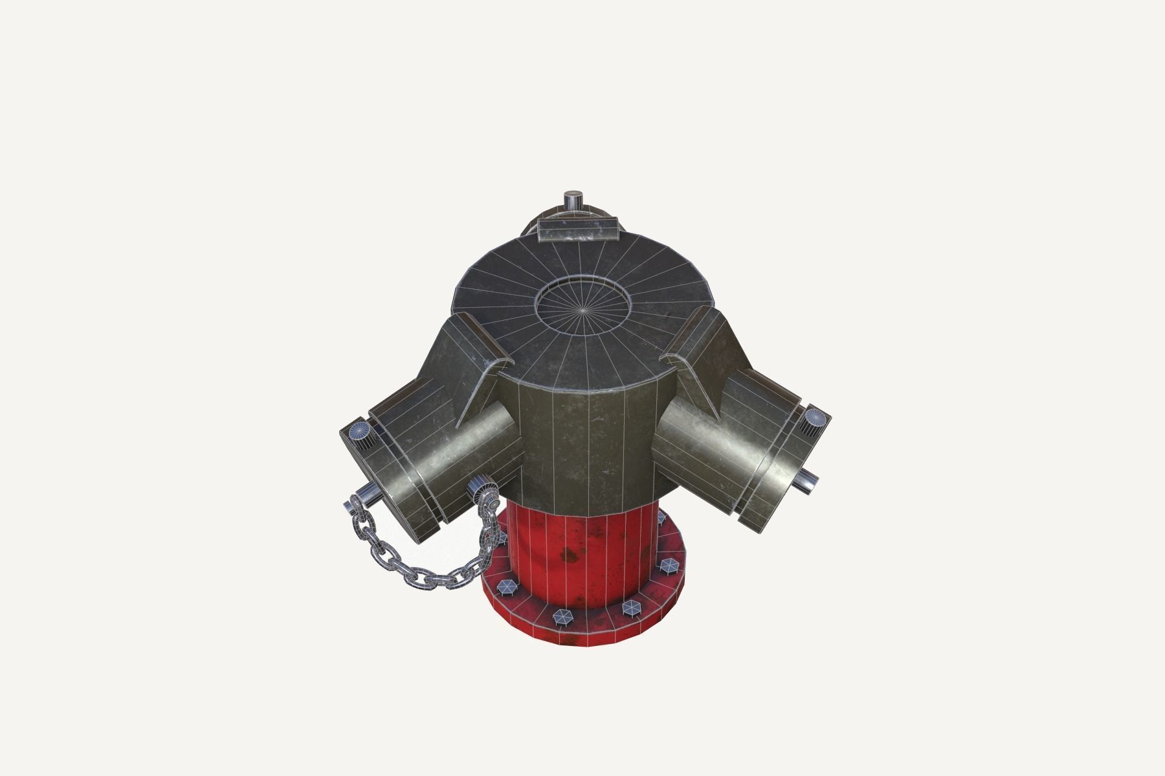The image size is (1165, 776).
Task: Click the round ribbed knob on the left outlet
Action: click(360, 431)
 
